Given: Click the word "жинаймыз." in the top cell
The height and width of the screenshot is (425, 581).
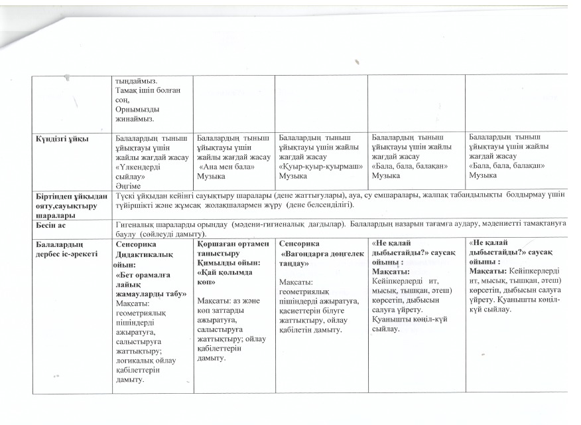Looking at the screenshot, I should coord(136,119).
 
